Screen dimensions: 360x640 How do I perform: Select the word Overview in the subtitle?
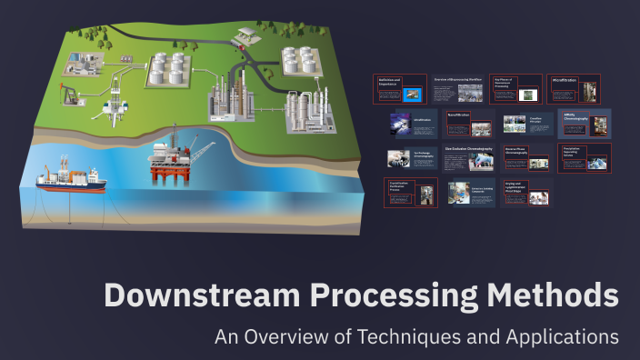(285, 336)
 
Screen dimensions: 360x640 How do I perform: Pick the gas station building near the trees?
(245, 35)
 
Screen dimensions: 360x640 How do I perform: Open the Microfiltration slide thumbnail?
(574, 89)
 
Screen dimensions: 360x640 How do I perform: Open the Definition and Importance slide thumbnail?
(400, 89)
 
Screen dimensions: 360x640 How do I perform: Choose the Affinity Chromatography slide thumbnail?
(584, 123)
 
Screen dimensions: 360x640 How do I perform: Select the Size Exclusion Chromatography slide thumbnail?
(469, 157)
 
